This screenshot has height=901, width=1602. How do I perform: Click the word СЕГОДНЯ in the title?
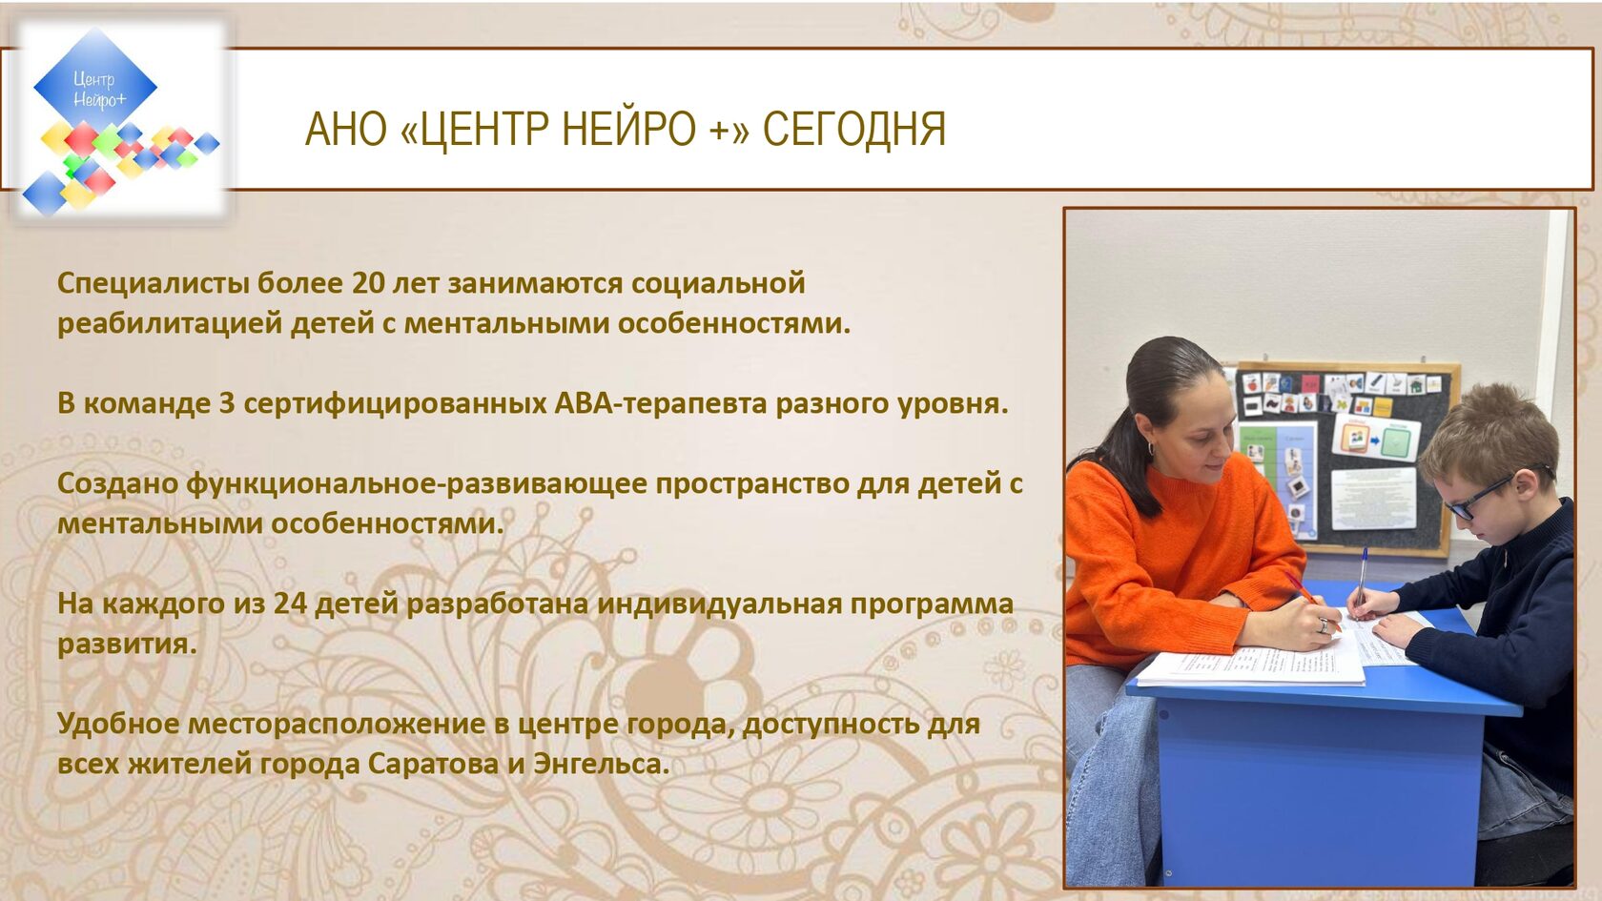click(854, 130)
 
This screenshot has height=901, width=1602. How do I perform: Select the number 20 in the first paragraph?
click(369, 283)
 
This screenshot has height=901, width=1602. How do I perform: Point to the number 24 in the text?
click(290, 604)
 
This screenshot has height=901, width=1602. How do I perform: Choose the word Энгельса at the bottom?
click(602, 764)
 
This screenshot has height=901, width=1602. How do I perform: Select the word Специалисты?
click(153, 284)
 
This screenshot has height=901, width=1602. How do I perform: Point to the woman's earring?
click(1151, 449)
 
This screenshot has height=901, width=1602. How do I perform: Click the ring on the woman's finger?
click(1324, 625)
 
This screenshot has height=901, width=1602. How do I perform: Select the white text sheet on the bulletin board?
click(1373, 499)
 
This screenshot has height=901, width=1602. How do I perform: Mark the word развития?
click(127, 645)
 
